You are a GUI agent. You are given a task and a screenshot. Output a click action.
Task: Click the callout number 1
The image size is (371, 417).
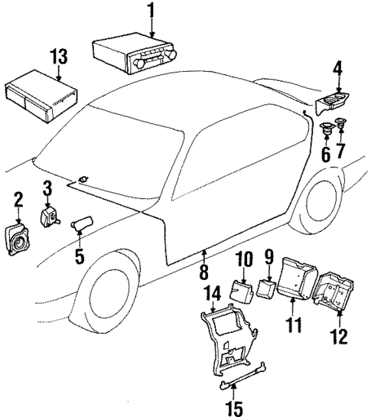tap(151, 12)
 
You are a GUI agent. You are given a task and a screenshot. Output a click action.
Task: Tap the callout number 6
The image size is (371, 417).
tap(325, 155)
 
